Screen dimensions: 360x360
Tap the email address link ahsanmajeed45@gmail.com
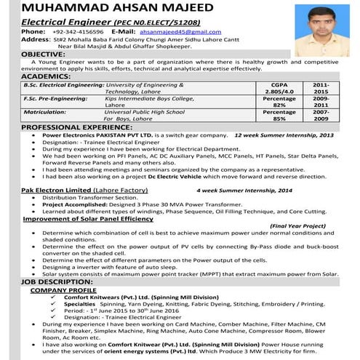coord(181,33)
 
